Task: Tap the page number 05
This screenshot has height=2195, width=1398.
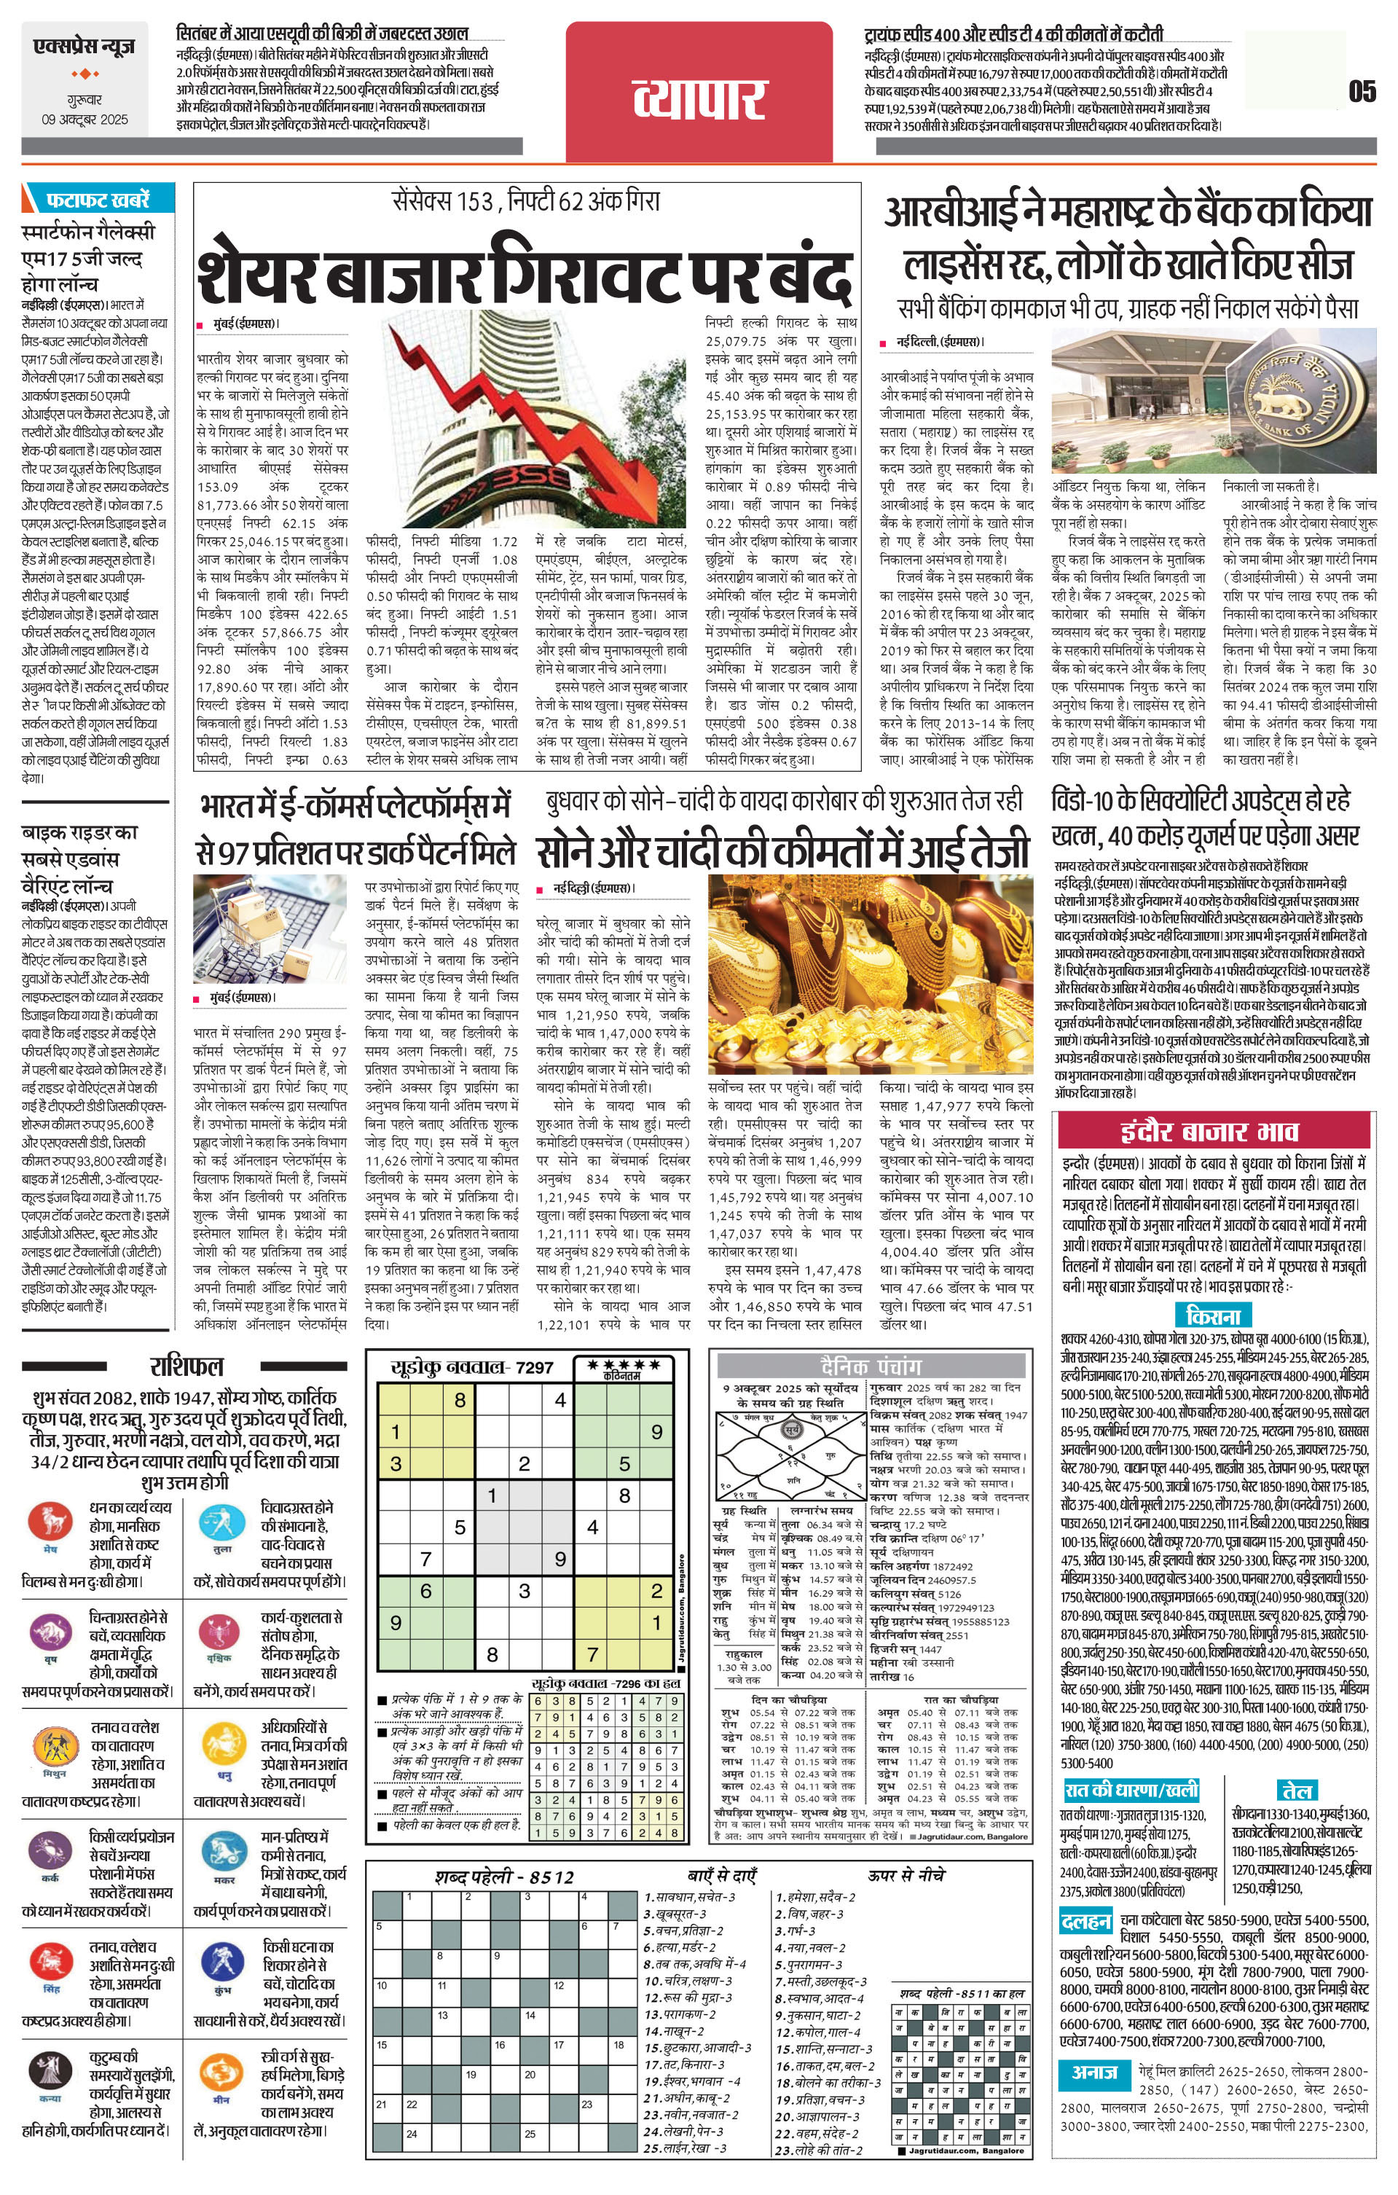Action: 1362,92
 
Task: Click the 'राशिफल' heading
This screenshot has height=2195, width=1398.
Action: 186,1366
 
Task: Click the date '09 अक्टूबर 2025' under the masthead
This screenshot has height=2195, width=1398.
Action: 85,120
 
